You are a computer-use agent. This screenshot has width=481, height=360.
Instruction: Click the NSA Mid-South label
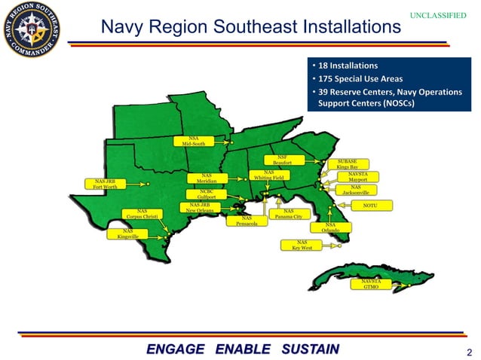193,141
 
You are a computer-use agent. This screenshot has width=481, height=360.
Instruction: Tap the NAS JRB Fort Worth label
105,184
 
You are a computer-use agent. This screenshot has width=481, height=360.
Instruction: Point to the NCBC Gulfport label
207,194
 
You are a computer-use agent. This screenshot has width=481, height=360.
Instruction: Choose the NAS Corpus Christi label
142,215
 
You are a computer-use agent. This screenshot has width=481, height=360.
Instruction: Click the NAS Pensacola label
247,221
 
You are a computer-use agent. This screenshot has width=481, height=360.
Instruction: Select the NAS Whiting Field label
268,175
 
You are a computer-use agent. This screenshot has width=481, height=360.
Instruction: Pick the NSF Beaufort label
282,160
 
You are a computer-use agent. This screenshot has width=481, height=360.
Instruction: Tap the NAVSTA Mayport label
357,177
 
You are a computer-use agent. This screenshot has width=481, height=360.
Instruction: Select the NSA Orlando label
329,227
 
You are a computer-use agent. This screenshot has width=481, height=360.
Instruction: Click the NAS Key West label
301,245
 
